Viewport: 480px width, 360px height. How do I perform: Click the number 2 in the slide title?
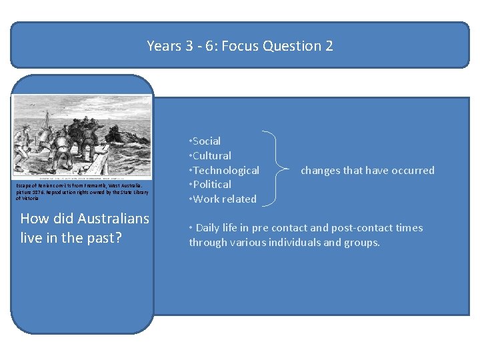[x=328, y=46]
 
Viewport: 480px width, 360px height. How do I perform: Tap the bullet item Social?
[x=206, y=141]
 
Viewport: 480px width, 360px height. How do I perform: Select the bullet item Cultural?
[x=211, y=156]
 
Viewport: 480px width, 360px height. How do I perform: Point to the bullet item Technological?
[x=225, y=171]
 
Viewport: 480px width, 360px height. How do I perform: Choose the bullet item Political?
[x=212, y=185]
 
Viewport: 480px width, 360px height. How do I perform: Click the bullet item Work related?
[x=224, y=199]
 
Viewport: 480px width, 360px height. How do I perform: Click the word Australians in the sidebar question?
[x=113, y=219]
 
